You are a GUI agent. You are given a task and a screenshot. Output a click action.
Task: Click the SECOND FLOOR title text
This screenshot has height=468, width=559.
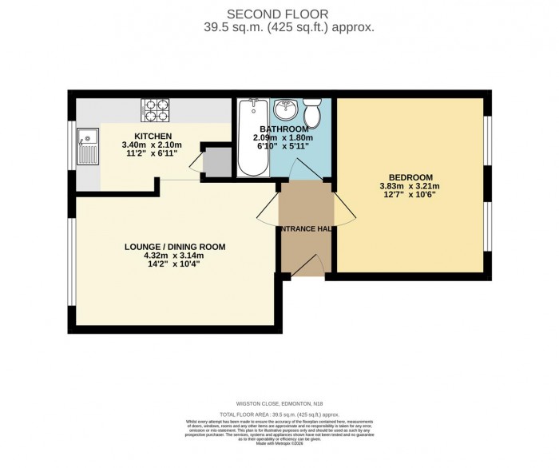point(279,14)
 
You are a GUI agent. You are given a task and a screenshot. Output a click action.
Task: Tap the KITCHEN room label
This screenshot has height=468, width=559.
point(152,136)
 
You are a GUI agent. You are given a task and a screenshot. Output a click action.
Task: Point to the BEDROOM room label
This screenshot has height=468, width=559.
point(410,177)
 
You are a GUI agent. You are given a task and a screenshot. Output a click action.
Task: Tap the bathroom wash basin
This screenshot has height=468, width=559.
point(286,108)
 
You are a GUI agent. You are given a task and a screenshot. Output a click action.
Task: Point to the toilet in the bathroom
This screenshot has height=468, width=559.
point(314,114)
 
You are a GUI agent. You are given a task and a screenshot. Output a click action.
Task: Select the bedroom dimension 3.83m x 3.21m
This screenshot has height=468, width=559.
point(410,187)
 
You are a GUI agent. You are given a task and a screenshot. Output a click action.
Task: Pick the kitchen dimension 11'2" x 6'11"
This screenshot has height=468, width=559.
point(152,154)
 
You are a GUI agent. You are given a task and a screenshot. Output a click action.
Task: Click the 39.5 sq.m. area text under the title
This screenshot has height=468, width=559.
point(279,27)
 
